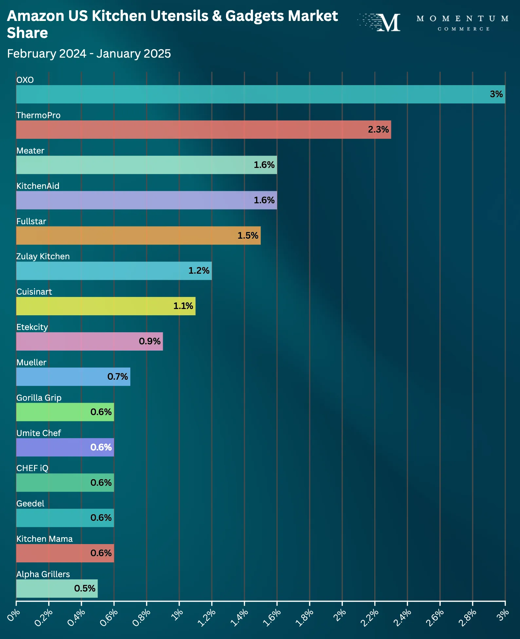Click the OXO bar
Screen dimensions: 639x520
coord(260,94)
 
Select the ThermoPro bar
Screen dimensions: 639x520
coord(203,130)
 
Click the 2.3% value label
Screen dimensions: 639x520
coord(378,130)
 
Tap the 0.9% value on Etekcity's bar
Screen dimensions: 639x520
coord(150,341)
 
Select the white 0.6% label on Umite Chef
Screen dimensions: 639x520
coord(101,447)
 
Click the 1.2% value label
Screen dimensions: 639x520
coord(199,271)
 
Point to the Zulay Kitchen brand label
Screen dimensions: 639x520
coord(43,256)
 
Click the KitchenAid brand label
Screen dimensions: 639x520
coord(38,186)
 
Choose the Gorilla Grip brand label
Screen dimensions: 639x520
coord(39,398)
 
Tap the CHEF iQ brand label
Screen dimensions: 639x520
coord(32,468)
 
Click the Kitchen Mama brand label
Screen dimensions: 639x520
coord(45,539)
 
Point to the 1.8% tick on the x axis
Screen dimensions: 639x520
coord(305,617)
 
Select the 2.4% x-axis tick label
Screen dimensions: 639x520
coord(402,617)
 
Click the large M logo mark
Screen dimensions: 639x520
coord(389,23)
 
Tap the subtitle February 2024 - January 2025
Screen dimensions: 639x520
coord(89,54)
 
